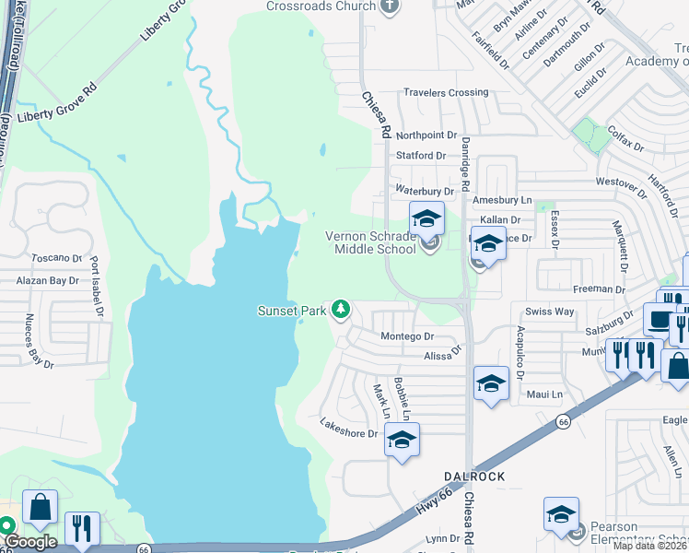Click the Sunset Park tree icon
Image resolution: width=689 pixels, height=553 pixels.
[342, 309]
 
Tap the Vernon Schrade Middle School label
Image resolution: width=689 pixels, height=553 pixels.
[370, 241]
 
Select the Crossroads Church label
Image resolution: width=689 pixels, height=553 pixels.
[321, 6]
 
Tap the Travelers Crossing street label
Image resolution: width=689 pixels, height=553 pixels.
[446, 93]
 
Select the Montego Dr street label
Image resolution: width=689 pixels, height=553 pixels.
[406, 337]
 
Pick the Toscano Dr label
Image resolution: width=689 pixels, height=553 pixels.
[57, 260]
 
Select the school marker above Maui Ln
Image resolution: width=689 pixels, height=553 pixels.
[491, 383]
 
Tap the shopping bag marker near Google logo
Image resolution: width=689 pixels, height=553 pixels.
[41, 507]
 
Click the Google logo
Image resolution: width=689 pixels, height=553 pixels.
[29, 542]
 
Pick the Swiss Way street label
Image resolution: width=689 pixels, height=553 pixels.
[549, 312]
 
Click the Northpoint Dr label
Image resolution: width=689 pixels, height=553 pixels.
[426, 135]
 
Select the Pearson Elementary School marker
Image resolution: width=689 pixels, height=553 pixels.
[561, 516]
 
